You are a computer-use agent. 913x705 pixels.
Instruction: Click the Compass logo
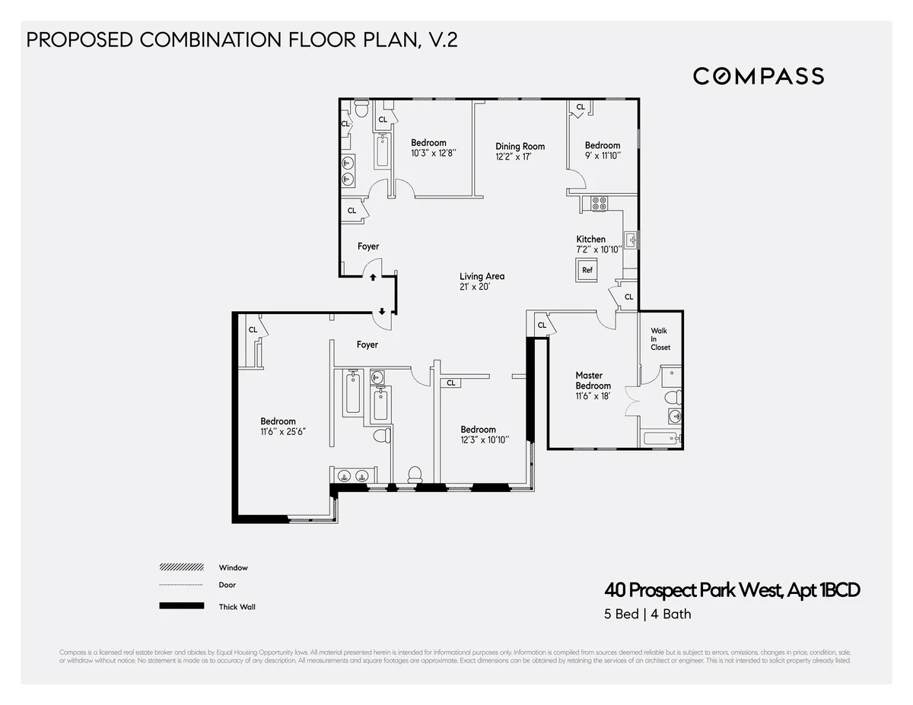[758, 76]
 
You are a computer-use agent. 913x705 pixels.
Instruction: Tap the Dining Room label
[520, 147]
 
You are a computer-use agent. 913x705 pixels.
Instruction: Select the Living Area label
[482, 277]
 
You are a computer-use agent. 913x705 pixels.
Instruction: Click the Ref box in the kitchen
[587, 270]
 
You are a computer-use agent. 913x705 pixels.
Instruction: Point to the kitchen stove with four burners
[599, 203]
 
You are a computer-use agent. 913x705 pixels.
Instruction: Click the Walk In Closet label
[659, 339]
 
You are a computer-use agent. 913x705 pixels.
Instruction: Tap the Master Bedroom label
[593, 380]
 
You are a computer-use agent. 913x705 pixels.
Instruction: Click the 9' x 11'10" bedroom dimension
[602, 156]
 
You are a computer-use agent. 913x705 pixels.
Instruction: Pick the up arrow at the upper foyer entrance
[373, 278]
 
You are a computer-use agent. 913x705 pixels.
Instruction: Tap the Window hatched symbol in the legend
[181, 567]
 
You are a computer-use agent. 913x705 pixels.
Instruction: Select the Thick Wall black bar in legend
[181, 606]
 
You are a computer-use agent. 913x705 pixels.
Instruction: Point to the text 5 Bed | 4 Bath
[647, 614]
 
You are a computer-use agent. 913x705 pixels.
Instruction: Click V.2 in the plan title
[441, 40]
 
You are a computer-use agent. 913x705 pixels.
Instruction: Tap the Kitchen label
[590, 240]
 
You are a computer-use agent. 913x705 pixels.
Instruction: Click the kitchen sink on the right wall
[631, 241]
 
